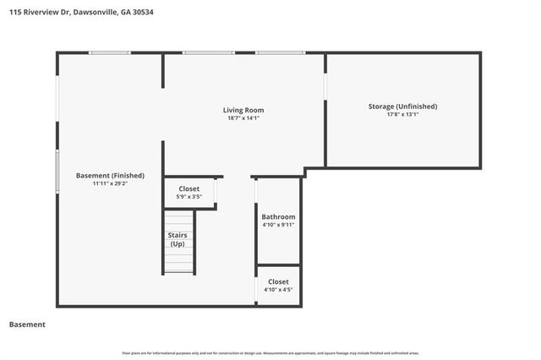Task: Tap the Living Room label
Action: tap(243, 110)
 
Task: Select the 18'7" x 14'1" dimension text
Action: tap(243, 118)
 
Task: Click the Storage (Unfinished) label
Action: tap(402, 106)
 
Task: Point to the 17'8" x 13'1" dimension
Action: tap(402, 114)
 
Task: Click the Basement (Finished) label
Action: tap(110, 176)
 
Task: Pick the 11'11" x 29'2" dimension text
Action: tap(110, 183)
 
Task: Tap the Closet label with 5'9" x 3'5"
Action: tap(189, 189)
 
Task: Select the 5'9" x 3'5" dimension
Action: tap(189, 197)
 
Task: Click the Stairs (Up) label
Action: tap(178, 239)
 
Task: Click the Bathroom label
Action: tap(278, 216)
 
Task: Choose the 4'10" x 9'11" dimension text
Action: tap(278, 225)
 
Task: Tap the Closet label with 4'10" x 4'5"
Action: tap(278, 281)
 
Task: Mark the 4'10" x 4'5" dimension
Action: tap(278, 290)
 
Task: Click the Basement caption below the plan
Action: tap(27, 325)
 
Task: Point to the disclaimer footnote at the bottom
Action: tap(270, 352)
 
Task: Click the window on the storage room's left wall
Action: tap(326, 88)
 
